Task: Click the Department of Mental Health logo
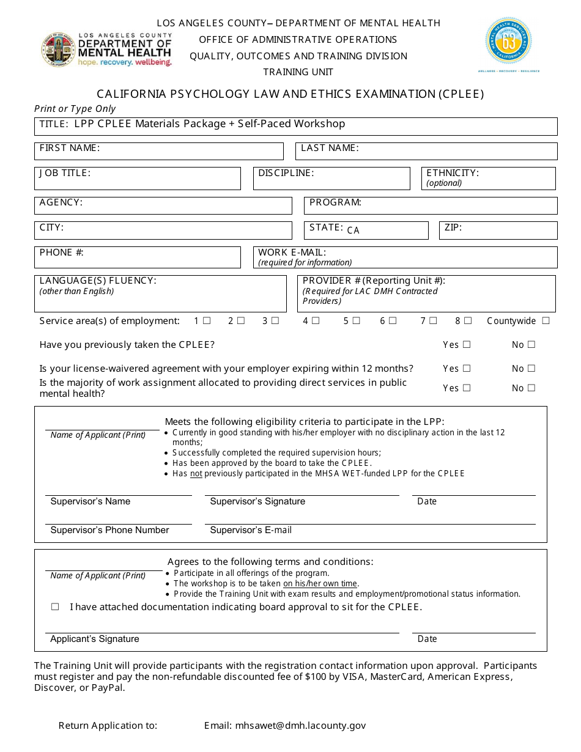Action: (106, 50)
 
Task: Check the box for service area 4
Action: (316, 320)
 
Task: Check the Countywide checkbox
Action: (546, 320)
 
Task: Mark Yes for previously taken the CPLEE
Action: (467, 344)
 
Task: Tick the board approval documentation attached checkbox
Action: (56, 607)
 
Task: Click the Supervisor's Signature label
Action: (257, 501)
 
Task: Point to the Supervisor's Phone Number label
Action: (109, 530)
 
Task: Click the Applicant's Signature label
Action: (95, 639)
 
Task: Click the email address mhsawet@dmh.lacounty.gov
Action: (300, 726)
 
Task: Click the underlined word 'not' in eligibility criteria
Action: (196, 473)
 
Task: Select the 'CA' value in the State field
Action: (353, 230)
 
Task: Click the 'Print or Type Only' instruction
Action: (75, 109)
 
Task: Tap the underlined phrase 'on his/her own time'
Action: (320, 583)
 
